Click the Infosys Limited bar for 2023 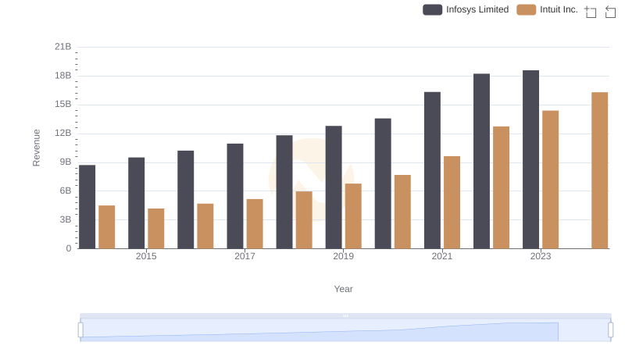(x=530, y=159)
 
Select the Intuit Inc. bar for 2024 (x=599, y=170)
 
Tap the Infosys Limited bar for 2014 (x=87, y=207)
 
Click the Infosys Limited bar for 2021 (x=432, y=170)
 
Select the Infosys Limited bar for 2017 (x=235, y=196)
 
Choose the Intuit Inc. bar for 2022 (x=501, y=187)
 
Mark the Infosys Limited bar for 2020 (x=383, y=184)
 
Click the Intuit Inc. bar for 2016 (x=205, y=226)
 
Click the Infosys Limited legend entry (x=466, y=9)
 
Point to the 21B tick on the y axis (x=63, y=47)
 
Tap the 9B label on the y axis (x=66, y=162)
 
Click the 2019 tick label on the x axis (x=343, y=256)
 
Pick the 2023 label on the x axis (x=541, y=256)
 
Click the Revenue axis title (x=36, y=147)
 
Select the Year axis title (x=343, y=289)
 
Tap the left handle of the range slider (x=80, y=330)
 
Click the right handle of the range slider (x=611, y=330)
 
